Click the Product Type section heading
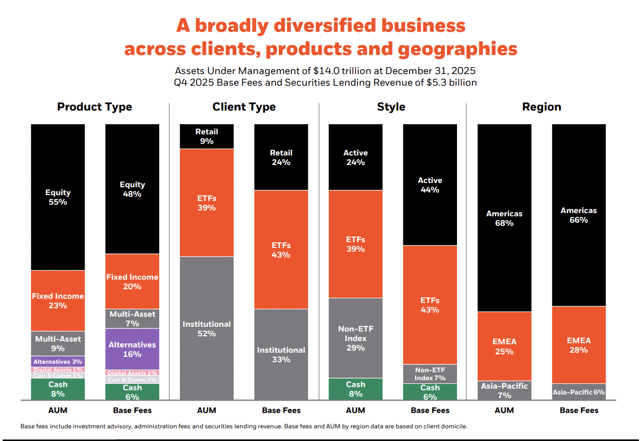coord(95,107)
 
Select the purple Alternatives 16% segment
coord(132,349)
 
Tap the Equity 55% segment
coord(58,197)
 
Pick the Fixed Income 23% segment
coord(58,300)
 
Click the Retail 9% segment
coord(207,136)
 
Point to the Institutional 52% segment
coord(207,328)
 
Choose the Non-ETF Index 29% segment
coord(355,338)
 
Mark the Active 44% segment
coord(430,185)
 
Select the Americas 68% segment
coord(504,218)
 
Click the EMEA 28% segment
coord(579,345)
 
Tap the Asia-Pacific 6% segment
coord(579,392)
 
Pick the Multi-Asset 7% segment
coord(132,318)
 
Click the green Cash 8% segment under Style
coord(355,389)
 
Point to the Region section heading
coord(542,107)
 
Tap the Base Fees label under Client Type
coord(281,410)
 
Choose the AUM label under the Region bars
coord(504,410)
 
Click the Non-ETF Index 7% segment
coord(430,374)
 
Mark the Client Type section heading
coord(244,107)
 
